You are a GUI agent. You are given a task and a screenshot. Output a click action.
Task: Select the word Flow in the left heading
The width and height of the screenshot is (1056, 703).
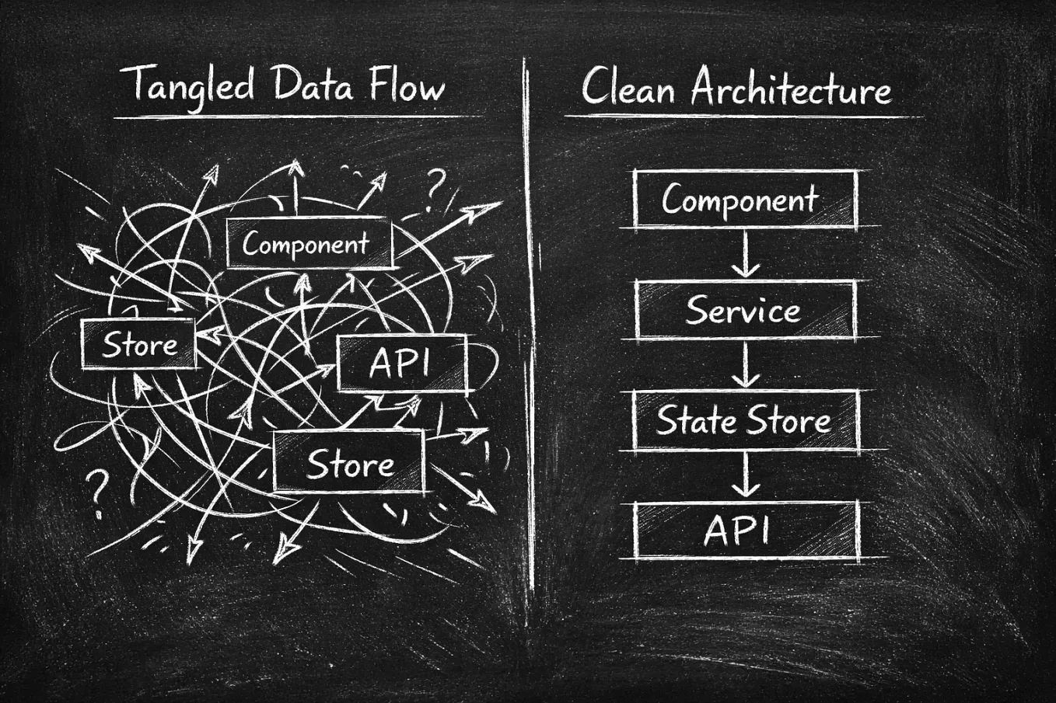tap(407, 84)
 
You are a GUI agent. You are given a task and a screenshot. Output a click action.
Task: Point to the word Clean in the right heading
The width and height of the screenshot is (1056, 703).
tap(628, 87)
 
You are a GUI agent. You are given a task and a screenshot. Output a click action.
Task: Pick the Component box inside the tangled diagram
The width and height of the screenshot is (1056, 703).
tap(309, 244)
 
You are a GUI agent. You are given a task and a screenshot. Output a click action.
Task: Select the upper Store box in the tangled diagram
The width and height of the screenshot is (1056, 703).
tap(138, 344)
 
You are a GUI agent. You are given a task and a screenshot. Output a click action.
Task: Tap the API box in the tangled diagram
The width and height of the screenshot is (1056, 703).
tap(402, 364)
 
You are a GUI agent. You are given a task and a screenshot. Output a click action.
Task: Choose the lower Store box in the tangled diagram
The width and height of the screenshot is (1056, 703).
tap(349, 464)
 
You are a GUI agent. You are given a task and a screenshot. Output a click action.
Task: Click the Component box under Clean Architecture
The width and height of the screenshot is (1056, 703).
tap(744, 200)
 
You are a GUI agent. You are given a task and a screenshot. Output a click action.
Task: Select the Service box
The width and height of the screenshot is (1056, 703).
tap(744, 311)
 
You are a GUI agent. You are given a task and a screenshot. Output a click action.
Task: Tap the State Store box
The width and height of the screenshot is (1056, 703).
tap(744, 421)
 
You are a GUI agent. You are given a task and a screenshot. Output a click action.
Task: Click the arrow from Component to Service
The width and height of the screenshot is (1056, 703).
tap(746, 255)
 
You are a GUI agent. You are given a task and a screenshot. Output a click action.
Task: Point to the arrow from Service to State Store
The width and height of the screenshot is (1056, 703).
tap(746, 365)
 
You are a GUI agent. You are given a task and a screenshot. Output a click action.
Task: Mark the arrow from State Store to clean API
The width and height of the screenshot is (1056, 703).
tap(746, 475)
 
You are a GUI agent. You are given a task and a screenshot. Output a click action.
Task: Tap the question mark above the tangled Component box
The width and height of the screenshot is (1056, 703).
tap(435, 189)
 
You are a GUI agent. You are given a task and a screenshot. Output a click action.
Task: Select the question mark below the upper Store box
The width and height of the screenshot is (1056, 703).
tap(97, 492)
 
